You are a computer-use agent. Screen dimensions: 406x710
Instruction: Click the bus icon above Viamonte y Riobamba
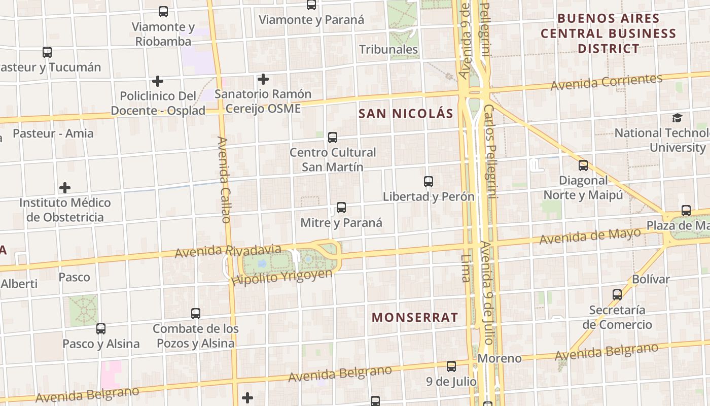coord(163,11)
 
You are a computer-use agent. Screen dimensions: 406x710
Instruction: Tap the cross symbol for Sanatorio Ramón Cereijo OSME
coord(263,79)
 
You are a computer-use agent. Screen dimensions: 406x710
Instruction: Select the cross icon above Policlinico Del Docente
coord(158,81)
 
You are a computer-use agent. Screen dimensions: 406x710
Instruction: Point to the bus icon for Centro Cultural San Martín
coord(333,137)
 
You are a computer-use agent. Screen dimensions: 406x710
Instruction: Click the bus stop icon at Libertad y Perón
coord(429,181)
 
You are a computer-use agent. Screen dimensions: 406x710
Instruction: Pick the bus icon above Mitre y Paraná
coord(341,207)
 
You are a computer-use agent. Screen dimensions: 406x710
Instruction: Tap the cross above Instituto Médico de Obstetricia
coord(65,188)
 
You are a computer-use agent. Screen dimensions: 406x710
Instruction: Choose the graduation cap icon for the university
coord(677,118)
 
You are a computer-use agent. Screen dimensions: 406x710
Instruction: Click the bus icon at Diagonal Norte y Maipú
coord(583,165)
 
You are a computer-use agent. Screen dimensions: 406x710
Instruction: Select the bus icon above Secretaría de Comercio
coord(617,294)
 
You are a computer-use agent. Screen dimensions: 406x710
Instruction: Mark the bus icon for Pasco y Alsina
coord(101,328)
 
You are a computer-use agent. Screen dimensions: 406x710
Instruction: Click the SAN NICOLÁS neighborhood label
coord(406,113)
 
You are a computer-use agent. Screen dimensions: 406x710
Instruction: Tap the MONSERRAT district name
coord(415,318)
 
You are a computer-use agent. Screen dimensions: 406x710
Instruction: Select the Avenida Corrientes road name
coord(607,82)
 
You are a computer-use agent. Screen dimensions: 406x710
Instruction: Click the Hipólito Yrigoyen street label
coord(282,277)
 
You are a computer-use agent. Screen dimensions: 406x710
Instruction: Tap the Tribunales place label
coord(388,49)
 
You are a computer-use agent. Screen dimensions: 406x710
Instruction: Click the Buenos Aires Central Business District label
coord(609,33)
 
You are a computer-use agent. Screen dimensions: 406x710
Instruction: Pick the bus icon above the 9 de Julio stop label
coord(451,366)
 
